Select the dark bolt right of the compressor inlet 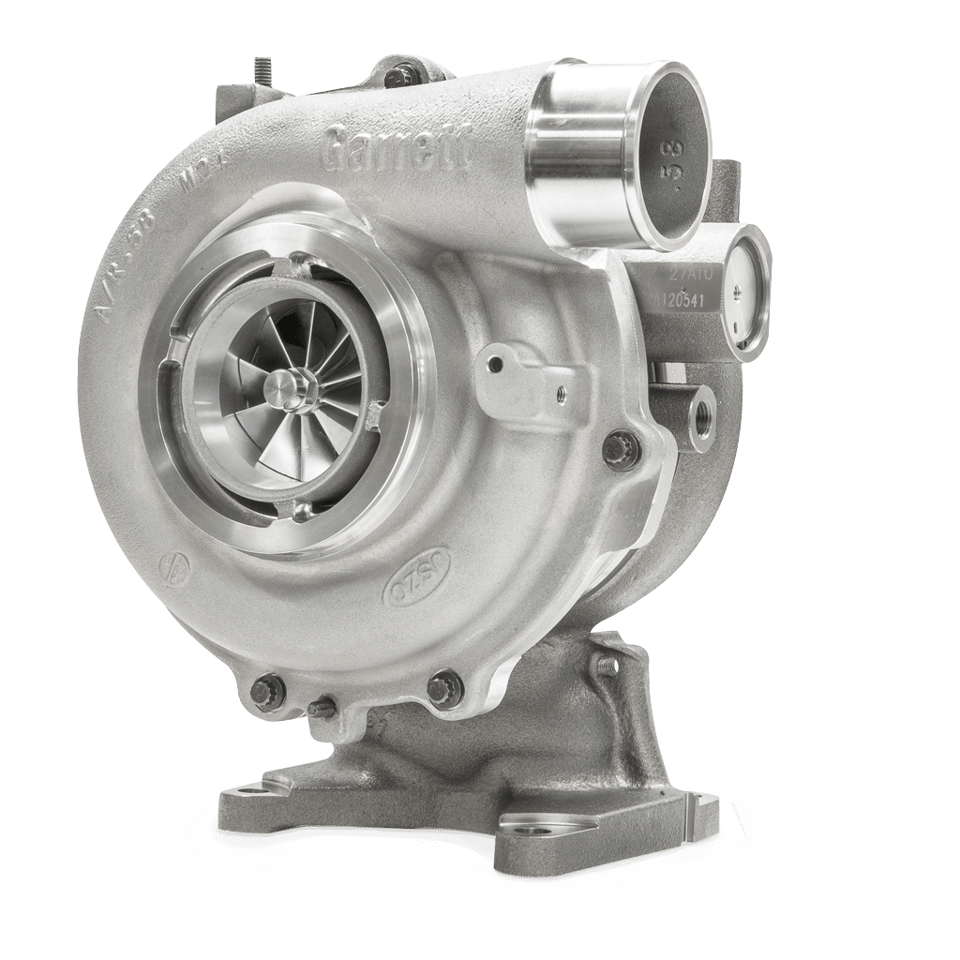(x=622, y=448)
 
